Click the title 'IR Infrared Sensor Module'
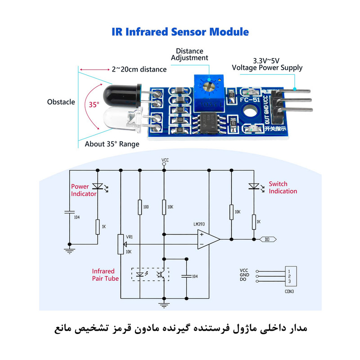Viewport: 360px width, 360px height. pos(180,32)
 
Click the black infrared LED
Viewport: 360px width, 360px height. pos(120,94)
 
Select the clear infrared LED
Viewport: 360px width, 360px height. pos(121,120)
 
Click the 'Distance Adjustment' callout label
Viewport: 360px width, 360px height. pos(190,54)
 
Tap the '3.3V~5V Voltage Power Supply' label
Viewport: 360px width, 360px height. pos(267,64)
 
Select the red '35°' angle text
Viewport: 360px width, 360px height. pos(94,104)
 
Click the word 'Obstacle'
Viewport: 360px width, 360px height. pos(61,102)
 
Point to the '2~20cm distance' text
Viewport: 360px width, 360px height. pos(139,69)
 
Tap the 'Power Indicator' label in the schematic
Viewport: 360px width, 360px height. pos(84,190)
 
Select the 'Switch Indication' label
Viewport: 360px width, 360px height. pos(283,187)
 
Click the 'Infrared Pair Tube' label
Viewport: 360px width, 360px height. pos(105,275)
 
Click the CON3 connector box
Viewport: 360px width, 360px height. pos(289,276)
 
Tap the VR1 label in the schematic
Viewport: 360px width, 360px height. pos(129,237)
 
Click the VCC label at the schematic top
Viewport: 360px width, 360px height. pos(164,160)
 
